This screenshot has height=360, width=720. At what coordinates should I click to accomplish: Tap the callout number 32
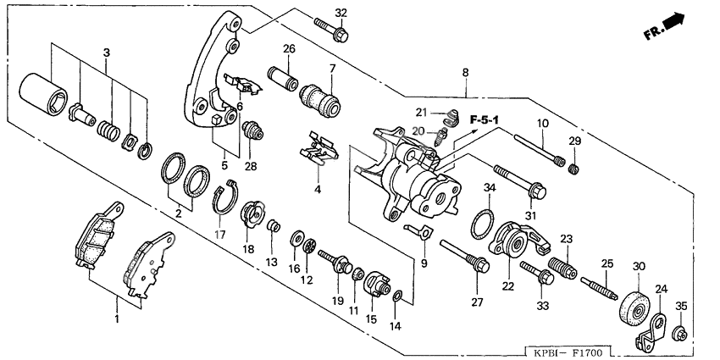(341, 12)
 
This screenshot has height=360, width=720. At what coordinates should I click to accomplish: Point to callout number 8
(464, 74)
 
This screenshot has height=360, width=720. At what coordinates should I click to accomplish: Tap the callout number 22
(507, 286)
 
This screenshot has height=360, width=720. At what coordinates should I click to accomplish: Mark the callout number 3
(106, 53)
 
